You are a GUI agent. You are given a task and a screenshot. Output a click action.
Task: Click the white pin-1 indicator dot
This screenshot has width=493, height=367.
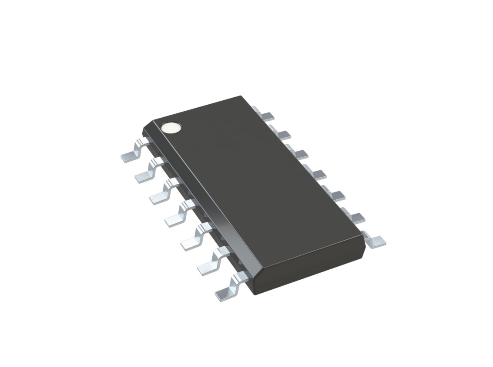point(171,127)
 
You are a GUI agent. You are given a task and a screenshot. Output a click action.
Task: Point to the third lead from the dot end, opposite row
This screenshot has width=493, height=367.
point(300,154)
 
